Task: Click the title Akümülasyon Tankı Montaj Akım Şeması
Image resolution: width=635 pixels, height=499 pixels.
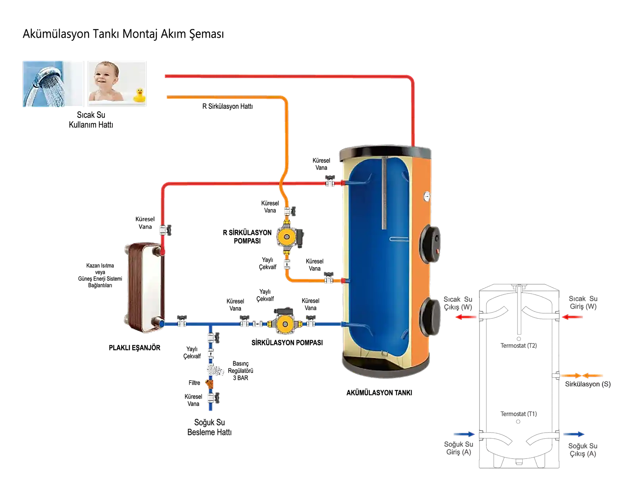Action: click(123, 34)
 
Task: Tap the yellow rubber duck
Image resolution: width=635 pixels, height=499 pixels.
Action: click(139, 95)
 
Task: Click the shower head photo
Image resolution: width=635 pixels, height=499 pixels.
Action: click(53, 84)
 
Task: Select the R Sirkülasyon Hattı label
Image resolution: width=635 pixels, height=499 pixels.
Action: click(227, 106)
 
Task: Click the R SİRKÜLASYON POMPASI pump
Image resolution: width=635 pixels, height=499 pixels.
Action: click(289, 237)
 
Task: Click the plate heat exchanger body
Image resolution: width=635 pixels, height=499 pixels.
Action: click(144, 287)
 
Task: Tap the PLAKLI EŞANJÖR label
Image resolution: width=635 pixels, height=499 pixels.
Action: click(135, 348)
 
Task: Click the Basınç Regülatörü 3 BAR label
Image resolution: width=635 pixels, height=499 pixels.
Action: click(241, 371)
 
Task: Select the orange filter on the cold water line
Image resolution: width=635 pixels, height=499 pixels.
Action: click(209, 384)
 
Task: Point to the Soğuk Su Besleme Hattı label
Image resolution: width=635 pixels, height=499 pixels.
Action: click(210, 428)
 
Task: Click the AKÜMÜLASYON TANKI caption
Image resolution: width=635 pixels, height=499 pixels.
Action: click(379, 393)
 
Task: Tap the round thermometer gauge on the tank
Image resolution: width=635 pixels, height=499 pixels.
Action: click(427, 197)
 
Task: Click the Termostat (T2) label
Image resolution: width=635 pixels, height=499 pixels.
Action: click(519, 346)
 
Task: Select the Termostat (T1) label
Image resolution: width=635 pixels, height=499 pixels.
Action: click(519, 414)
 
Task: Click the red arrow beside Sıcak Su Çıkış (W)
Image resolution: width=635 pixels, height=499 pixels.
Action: click(466, 317)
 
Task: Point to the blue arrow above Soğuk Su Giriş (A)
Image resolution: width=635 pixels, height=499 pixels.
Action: click(464, 434)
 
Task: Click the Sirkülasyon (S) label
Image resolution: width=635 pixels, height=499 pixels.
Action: click(588, 384)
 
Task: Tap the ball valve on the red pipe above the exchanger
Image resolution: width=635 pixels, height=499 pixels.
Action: click(165, 230)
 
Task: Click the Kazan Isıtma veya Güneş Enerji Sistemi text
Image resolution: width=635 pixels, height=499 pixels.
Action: click(100, 276)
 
